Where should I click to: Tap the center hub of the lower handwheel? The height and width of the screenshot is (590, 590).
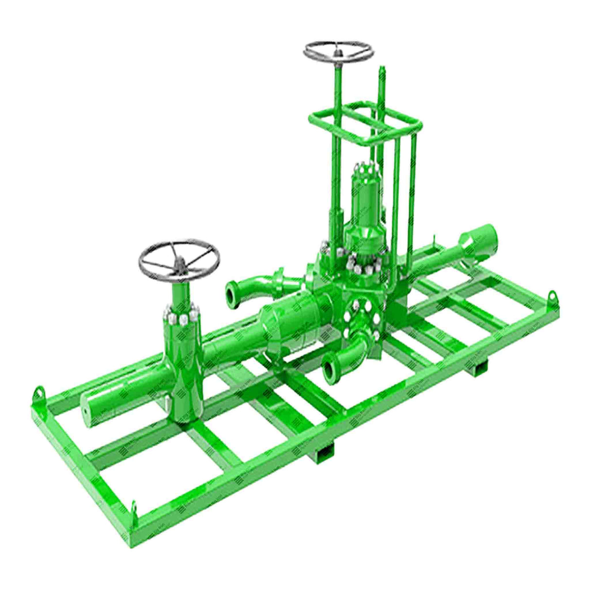[x=179, y=263]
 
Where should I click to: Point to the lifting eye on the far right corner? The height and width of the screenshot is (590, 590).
[x=552, y=295]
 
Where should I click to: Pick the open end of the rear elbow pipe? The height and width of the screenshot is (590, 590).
[x=232, y=295]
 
